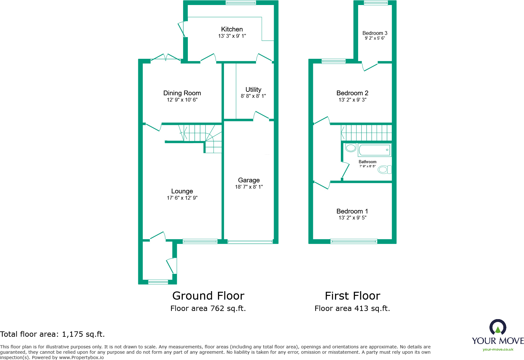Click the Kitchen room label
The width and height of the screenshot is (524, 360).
[232, 29]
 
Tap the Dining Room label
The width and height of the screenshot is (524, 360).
[182, 93]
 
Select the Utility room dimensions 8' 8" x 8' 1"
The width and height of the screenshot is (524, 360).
[253, 96]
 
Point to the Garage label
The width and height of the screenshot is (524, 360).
[249, 180]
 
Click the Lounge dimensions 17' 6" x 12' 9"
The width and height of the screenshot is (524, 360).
[182, 198]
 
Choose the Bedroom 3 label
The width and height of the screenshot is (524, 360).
[375, 33]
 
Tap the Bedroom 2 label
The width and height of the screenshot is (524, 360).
[352, 93]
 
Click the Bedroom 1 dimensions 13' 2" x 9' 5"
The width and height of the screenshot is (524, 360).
[352, 218]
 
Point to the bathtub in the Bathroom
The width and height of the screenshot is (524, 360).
[374, 150]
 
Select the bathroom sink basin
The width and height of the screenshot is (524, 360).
[351, 148]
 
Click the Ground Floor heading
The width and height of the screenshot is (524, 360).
[208, 296]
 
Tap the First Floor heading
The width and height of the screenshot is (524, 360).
[352, 296]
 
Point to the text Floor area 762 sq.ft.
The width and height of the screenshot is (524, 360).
[208, 308]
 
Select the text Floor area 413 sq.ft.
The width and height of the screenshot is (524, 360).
[352, 308]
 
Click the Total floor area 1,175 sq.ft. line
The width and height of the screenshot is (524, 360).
[52, 334]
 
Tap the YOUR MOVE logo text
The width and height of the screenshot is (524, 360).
[498, 341]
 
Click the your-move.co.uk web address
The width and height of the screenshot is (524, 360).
[498, 349]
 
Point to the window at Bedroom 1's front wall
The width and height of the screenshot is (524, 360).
[354, 241]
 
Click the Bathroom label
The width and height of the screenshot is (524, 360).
[367, 162]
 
